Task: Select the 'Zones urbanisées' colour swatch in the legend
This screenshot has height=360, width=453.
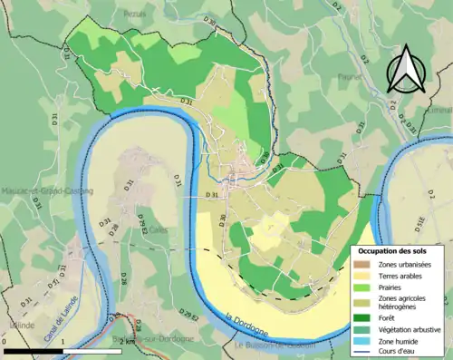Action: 361,263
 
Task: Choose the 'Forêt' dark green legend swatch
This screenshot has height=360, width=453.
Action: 361,316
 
